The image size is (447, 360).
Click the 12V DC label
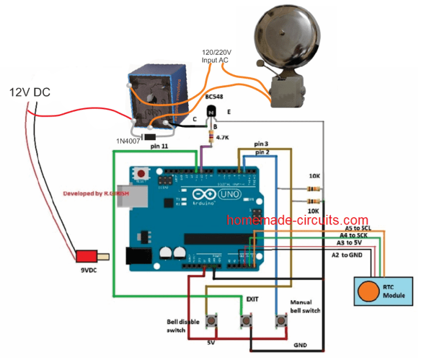tap(29, 93)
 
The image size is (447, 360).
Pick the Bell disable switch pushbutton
tap(213, 320)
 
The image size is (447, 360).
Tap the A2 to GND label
tap(348, 254)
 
